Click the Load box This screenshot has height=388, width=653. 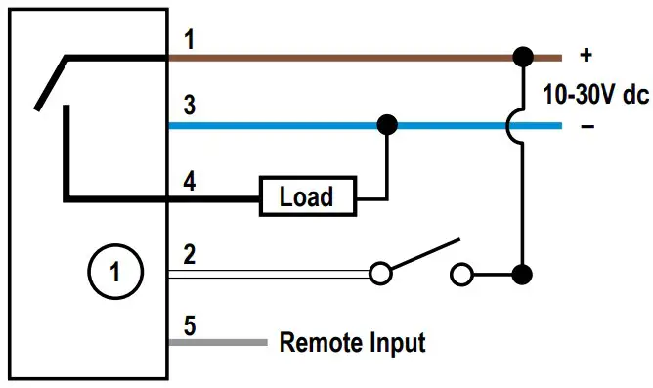coord(306,196)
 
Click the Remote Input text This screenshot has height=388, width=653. coord(352,343)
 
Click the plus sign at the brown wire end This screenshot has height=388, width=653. coord(588,56)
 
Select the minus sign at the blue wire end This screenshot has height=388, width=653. coord(588,126)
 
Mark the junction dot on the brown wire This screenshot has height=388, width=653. coord(524,56)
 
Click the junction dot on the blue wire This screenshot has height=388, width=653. coord(387,124)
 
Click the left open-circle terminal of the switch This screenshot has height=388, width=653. coord(380,274)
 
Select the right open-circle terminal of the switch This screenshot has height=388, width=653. coord(460,274)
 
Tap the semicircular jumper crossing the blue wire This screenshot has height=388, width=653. coord(515,125)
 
